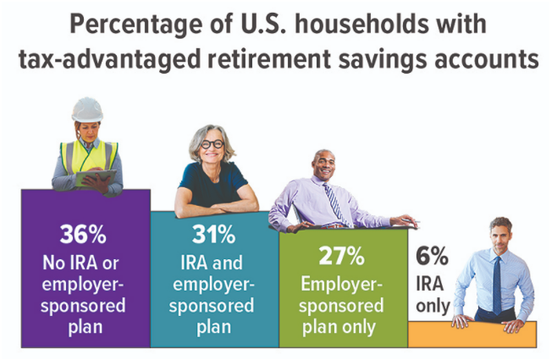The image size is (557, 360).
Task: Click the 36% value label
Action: coord(83,234)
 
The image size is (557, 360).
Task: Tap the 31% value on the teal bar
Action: coord(214,234)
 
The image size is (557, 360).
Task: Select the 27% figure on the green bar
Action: coord(342,256)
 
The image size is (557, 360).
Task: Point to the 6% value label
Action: coord(432,256)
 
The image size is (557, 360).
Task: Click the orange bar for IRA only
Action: coord(472,334)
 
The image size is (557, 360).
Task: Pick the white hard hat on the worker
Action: coord(87,110)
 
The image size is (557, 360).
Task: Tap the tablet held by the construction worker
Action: coord(96,178)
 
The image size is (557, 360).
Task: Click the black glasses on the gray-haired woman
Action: coord(212,144)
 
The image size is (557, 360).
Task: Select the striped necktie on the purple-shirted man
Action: coord(334,203)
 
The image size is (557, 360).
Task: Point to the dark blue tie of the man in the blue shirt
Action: coord(497,285)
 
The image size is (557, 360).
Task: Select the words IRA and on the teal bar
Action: coord(212,263)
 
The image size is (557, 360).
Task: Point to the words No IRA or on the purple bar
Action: coord(81,263)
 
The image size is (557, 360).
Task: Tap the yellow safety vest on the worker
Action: coord(89,157)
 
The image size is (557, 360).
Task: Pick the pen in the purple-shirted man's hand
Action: coord(411,221)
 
